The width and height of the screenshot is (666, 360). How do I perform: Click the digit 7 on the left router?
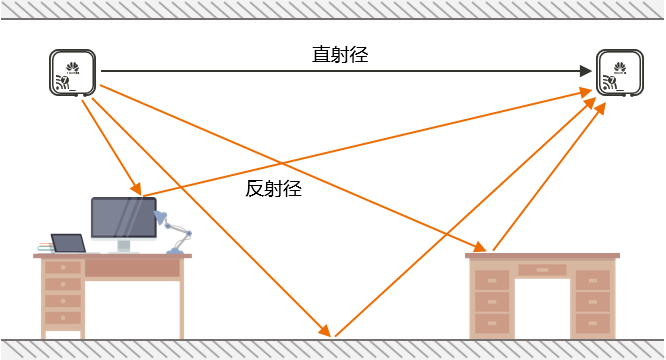pyautogui.click(x=65, y=80)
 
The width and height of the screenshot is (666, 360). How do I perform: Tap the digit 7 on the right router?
pyautogui.click(x=612, y=80)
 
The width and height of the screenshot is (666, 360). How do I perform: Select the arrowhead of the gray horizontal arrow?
pyautogui.click(x=587, y=71)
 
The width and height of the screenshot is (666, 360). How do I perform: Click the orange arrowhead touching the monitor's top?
pyautogui.click(x=136, y=192)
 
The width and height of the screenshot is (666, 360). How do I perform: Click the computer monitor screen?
pyautogui.click(x=122, y=217)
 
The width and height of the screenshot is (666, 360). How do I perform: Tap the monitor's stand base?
pyautogui.click(x=123, y=249)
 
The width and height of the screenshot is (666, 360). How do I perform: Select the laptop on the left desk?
pyautogui.click(x=68, y=243)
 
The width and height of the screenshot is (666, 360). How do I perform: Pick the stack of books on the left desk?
pyautogui.click(x=45, y=247)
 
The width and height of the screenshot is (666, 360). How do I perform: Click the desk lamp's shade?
pyautogui.click(x=161, y=218)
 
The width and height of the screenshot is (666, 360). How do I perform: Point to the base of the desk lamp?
pyautogui.click(x=175, y=250)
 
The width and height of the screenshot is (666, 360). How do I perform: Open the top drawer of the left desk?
pyautogui.click(x=63, y=268)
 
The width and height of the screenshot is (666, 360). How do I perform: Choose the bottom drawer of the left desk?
pyautogui.click(x=63, y=318)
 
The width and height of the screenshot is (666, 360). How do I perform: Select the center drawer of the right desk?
pyautogui.click(x=542, y=269)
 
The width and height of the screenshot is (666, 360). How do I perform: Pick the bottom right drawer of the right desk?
pyautogui.click(x=592, y=323)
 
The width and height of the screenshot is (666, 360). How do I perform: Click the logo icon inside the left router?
pyautogui.click(x=72, y=67)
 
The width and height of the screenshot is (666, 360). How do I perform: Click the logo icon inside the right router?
pyautogui.click(x=619, y=67)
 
